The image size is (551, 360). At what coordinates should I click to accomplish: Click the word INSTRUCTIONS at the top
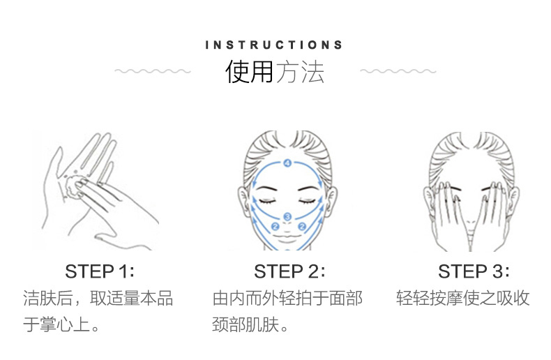(x=273, y=45)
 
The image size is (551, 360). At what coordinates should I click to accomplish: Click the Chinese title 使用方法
(x=274, y=72)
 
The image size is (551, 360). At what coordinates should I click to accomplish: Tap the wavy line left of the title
(x=153, y=71)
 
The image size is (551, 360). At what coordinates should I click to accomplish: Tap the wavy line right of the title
(x=398, y=71)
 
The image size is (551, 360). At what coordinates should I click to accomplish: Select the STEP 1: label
(x=100, y=271)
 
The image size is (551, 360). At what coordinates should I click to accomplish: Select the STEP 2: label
(x=289, y=271)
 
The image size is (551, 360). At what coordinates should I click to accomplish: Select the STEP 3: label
(x=474, y=271)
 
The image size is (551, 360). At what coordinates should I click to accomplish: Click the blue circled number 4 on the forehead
(x=287, y=163)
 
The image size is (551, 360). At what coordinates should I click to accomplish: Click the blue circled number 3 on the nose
(x=287, y=216)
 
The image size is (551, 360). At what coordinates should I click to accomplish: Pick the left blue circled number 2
(x=275, y=227)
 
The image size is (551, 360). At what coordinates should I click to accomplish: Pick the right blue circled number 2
(x=302, y=227)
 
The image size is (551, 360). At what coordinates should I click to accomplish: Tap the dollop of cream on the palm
(x=73, y=185)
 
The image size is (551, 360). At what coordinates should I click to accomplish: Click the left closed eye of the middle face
(x=268, y=201)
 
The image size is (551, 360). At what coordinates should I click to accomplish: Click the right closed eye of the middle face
(x=307, y=201)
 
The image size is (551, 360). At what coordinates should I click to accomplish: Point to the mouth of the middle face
(x=287, y=239)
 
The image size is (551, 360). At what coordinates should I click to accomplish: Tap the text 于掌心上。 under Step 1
(x=61, y=324)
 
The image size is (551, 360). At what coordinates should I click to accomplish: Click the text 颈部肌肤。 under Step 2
(x=250, y=324)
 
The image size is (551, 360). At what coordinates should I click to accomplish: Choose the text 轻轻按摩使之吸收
(x=463, y=298)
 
